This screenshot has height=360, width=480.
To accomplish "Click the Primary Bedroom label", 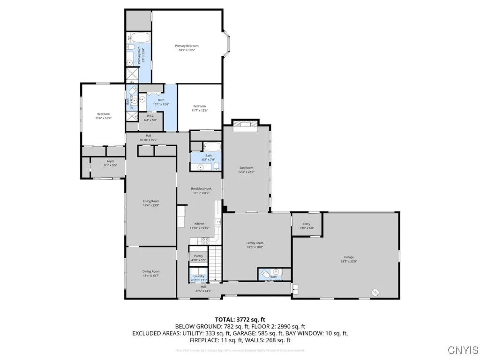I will (187, 46).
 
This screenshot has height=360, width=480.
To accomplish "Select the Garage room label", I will (348, 257).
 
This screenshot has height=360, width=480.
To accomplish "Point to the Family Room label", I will (255, 243).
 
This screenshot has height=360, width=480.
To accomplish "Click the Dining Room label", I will (151, 271).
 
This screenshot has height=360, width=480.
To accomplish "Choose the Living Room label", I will (151, 201).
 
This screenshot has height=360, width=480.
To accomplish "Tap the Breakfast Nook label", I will (201, 188).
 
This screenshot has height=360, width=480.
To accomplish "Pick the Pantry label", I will (198, 256).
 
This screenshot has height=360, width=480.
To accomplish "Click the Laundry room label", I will (199, 276).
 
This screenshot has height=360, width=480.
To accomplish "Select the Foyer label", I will (110, 161).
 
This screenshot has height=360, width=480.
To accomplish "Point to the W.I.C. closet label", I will (150, 116).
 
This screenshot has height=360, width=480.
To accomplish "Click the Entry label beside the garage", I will (307, 224).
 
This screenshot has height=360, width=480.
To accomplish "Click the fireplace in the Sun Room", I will (246, 124).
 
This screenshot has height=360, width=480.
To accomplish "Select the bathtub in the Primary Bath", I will (139, 37).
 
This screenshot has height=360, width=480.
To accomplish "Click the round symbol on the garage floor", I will (375, 292).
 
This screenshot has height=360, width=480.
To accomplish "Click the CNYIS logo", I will (463, 350).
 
